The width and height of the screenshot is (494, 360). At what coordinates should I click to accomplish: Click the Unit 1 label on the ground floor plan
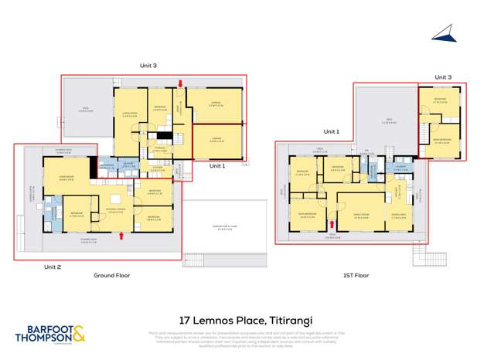[218, 165]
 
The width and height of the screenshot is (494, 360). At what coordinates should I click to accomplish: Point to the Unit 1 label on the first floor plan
[331, 131]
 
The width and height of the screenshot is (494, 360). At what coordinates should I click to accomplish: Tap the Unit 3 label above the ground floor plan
[148, 66]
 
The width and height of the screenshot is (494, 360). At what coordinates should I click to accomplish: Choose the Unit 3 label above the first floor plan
[443, 77]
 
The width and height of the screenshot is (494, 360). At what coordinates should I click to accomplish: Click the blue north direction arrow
[443, 32]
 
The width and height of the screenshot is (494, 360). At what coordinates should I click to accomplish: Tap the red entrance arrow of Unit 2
[121, 236]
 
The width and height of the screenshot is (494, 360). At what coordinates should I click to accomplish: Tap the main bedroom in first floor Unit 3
[441, 140]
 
